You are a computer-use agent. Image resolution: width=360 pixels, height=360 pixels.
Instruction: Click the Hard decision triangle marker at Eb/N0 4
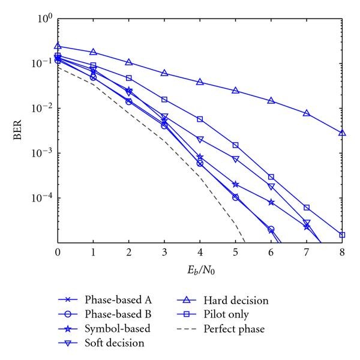pos(200,82)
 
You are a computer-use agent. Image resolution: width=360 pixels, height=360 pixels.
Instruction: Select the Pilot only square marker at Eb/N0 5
pos(235,145)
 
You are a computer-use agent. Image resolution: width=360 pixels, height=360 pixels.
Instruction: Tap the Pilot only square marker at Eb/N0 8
pos(342,235)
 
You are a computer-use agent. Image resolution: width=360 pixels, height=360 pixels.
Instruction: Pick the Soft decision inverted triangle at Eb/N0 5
pos(235,159)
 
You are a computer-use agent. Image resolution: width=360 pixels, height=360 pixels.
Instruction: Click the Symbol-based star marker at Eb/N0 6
pos(271,202)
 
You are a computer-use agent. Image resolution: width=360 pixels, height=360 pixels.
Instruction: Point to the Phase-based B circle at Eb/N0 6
pos(271,229)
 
